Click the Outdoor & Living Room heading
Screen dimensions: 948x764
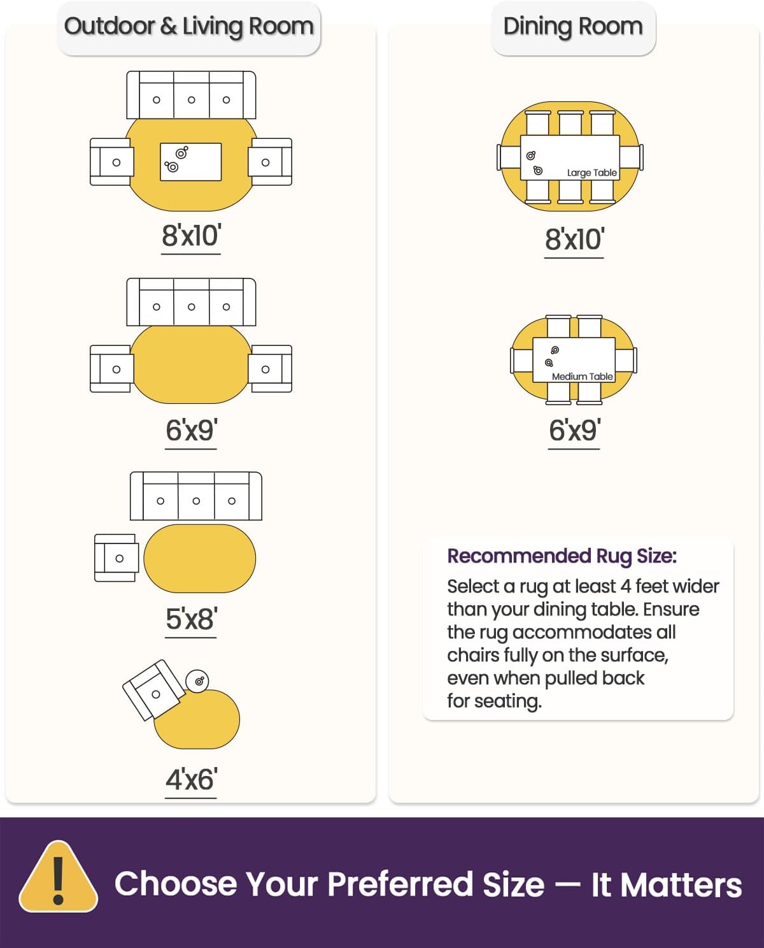(189, 27)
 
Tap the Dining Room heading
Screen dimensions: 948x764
(572, 27)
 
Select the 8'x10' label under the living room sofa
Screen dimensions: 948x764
(191, 236)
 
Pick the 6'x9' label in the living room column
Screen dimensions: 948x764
(191, 431)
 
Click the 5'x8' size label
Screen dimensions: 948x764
(191, 619)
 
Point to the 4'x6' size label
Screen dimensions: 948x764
(191, 780)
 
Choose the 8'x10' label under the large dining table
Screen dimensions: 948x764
(574, 240)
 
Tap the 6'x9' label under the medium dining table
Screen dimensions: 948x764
(574, 431)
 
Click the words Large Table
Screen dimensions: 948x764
(591, 173)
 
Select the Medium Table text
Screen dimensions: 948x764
(582, 377)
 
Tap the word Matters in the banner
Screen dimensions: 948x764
(681, 885)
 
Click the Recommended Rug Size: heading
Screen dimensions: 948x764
(562, 556)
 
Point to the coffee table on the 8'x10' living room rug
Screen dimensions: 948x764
(191, 162)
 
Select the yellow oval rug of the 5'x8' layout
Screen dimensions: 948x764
(199, 558)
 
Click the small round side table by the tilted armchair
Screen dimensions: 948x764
(197, 681)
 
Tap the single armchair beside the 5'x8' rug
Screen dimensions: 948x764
(116, 558)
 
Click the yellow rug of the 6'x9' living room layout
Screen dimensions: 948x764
(191, 364)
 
